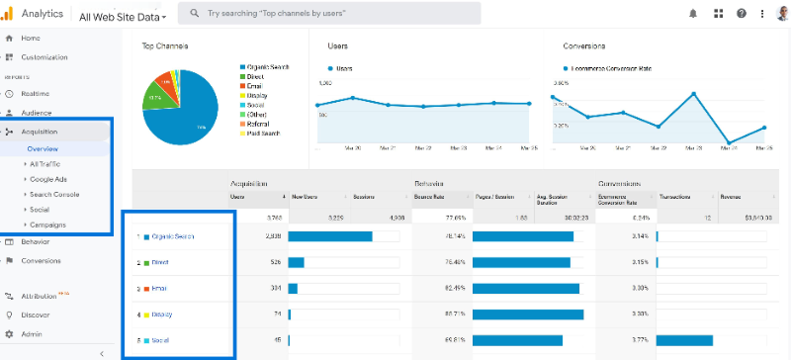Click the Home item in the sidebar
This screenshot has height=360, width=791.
pyautogui.click(x=31, y=38)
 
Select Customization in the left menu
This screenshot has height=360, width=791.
pyautogui.click(x=44, y=57)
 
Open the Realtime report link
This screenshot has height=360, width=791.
pyautogui.click(x=36, y=93)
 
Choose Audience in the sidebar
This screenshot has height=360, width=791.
pyautogui.click(x=37, y=113)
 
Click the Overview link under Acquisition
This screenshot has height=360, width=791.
pyautogui.click(x=43, y=149)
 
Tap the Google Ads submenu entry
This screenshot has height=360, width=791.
pyautogui.click(x=49, y=179)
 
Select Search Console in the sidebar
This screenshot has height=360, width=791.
pyautogui.click(x=54, y=194)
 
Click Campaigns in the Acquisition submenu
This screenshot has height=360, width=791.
pyautogui.click(x=48, y=225)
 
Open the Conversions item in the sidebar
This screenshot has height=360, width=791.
pyautogui.click(x=42, y=261)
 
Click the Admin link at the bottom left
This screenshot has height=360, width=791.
pyautogui.click(x=32, y=334)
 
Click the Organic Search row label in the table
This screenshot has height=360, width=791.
pyautogui.click(x=173, y=236)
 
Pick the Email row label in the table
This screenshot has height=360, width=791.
pyautogui.click(x=159, y=289)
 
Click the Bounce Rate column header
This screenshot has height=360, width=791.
pyautogui.click(x=428, y=197)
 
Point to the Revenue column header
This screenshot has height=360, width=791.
pyautogui.click(x=731, y=197)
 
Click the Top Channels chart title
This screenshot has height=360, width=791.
pyautogui.click(x=165, y=46)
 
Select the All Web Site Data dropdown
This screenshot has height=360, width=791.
pyautogui.click(x=123, y=17)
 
